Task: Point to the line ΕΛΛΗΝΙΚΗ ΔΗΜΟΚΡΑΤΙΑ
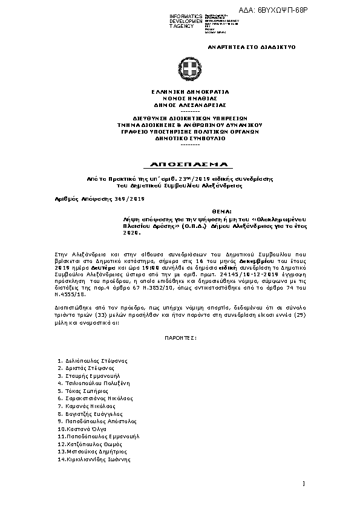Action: tap(180, 91)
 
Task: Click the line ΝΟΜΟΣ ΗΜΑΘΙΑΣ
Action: tap(180, 97)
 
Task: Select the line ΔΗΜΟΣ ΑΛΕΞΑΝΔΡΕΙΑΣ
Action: tap(180, 103)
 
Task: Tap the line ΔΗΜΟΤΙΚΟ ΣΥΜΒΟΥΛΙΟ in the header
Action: tap(180, 138)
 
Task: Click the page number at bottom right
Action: tap(303, 483)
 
